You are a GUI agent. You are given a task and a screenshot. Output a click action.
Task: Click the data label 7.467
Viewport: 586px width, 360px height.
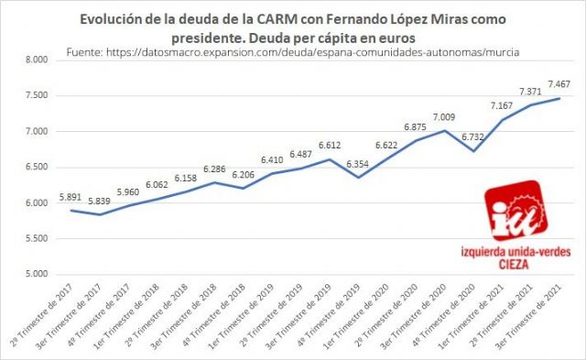tap(559, 85)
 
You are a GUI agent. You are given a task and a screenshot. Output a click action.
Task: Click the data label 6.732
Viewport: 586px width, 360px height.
tap(472, 136)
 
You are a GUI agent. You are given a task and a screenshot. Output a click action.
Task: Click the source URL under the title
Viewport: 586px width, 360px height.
tap(318, 53)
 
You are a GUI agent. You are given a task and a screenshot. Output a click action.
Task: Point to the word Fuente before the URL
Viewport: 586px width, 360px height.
tap(90, 53)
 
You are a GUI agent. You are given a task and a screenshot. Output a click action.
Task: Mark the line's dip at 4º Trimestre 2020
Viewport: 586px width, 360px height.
tap(472, 150)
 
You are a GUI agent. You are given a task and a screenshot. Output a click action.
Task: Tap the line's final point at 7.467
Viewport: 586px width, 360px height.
tap(559, 98)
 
